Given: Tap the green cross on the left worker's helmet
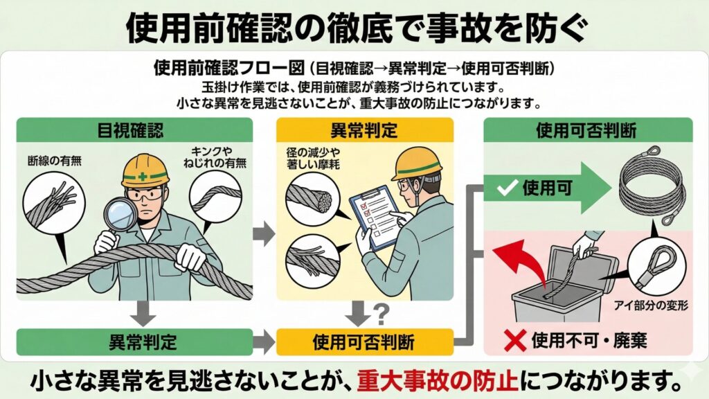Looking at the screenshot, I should [x=142, y=177].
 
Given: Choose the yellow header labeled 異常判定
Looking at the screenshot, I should [x=364, y=130].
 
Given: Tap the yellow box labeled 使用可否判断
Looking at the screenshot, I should [x=364, y=340].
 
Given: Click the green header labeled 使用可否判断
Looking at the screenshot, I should [x=587, y=130].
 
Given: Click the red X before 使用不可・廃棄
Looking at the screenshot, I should [x=514, y=340].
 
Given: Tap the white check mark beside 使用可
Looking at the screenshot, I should [x=508, y=188].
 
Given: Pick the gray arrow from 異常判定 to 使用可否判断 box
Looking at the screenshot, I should [x=263, y=340].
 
